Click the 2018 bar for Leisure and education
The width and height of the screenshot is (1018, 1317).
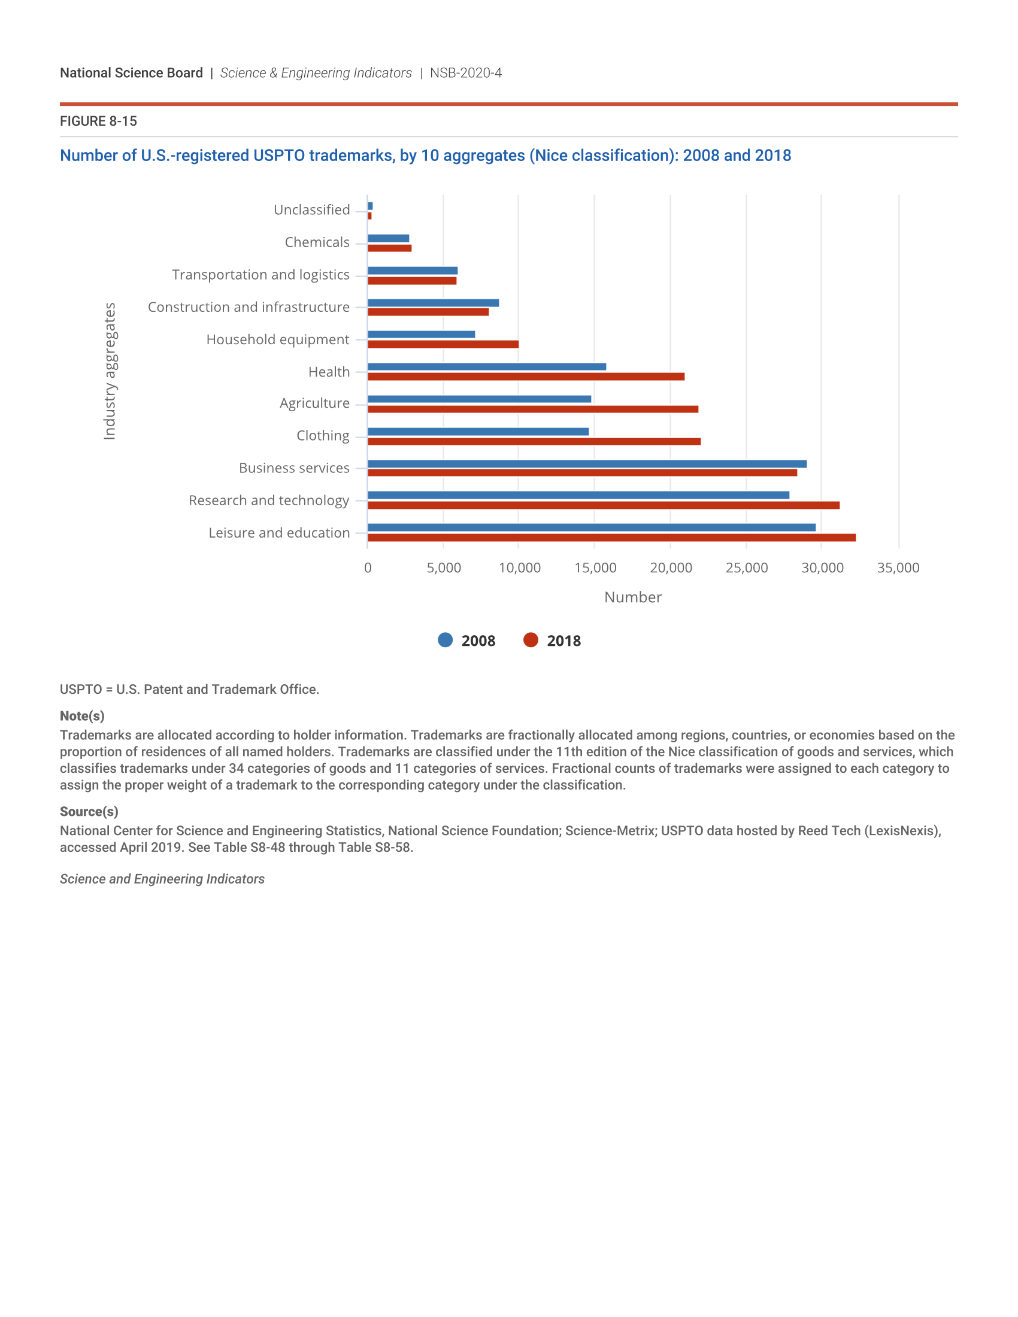[611, 538]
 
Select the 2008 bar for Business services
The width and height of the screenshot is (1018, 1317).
[587, 464]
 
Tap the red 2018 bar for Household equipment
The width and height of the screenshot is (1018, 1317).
[443, 344]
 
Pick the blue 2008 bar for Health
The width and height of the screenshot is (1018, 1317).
[487, 366]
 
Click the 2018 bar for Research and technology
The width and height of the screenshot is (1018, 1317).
[603, 505]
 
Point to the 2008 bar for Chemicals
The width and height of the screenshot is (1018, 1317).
[389, 238]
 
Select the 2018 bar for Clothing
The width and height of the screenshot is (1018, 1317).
[534, 441]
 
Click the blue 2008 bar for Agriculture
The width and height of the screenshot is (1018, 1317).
[479, 399]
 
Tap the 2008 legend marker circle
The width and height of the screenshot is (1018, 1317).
[445, 640]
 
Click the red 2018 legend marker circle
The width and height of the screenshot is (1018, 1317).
[531, 640]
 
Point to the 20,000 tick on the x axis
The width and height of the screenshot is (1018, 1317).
[671, 568]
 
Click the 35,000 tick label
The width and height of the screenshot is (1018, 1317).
[898, 568]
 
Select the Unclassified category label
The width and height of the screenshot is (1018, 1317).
[311, 210]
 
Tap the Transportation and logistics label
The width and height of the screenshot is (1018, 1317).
[260, 275]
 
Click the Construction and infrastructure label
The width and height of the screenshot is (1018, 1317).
[249, 307]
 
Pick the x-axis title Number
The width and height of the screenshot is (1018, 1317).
[632, 597]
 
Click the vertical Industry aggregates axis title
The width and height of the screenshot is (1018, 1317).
[109, 371]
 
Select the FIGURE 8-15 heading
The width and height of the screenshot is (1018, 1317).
[98, 121]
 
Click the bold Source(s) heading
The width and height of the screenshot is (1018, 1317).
[89, 812]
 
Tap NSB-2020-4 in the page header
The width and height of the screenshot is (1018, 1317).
[465, 73]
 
